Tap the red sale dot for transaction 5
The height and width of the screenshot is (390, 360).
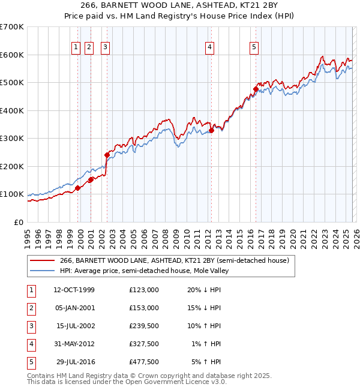[256, 89]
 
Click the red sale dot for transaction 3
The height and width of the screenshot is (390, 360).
[107, 155]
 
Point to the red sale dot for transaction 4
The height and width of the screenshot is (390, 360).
[211, 130]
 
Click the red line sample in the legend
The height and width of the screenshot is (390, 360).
[42, 261]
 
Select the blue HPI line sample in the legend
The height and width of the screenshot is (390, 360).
[42, 271]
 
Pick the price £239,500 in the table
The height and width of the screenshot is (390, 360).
[143, 326]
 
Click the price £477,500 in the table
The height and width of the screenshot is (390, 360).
[143, 362]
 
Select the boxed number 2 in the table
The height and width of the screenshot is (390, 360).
[29, 308]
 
